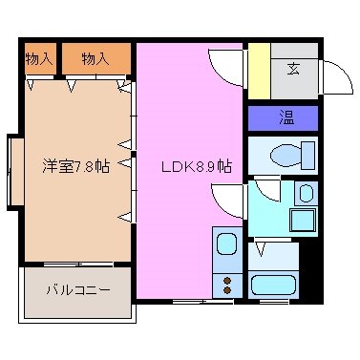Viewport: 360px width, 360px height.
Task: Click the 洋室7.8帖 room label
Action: [75, 166]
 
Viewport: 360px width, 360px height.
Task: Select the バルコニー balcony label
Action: [78, 289]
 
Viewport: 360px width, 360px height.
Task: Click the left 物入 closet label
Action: [39, 59]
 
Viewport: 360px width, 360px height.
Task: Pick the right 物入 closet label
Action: [95, 59]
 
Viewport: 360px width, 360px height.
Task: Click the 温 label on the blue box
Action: [285, 118]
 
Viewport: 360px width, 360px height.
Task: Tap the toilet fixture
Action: [291, 154]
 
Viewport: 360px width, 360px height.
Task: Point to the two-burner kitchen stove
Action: [226, 285]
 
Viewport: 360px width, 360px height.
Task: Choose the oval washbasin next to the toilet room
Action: [305, 194]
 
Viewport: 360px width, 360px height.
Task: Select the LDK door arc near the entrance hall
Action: [224, 67]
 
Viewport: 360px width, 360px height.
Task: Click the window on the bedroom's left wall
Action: [14, 172]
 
